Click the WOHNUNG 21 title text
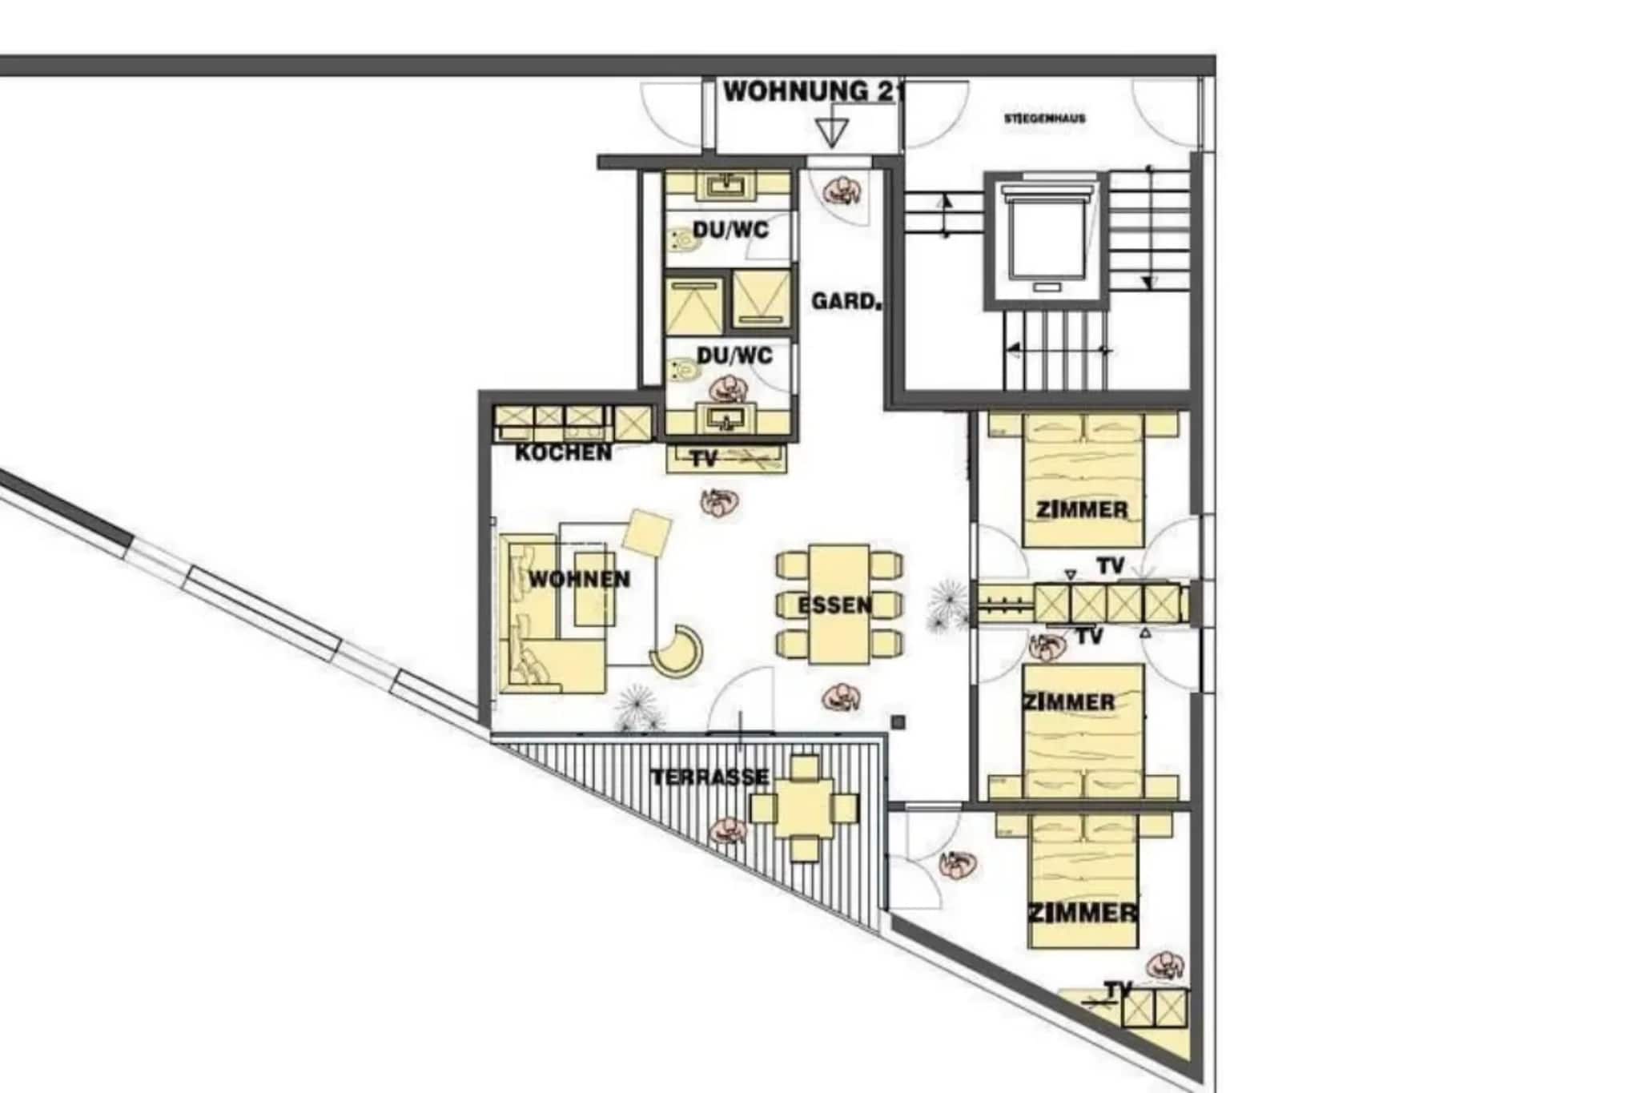pyautogui.click(x=813, y=91)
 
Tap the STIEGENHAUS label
pyautogui.click(x=1044, y=119)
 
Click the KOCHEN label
pyautogui.click(x=563, y=452)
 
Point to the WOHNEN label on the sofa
pyautogui.click(x=580, y=579)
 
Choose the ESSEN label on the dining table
pyautogui.click(x=834, y=605)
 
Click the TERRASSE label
pyautogui.click(x=709, y=777)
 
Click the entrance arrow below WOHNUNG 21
pyautogui.click(x=832, y=133)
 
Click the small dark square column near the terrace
pyautogui.click(x=898, y=722)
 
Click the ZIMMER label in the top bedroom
pyautogui.click(x=1082, y=509)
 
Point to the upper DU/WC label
pyautogui.click(x=730, y=231)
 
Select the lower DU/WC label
pyautogui.click(x=734, y=355)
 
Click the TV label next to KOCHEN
pyautogui.click(x=704, y=459)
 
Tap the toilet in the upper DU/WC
pyautogui.click(x=682, y=239)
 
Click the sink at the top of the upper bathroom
pyautogui.click(x=729, y=187)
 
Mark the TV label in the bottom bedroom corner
pyautogui.click(x=1118, y=990)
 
